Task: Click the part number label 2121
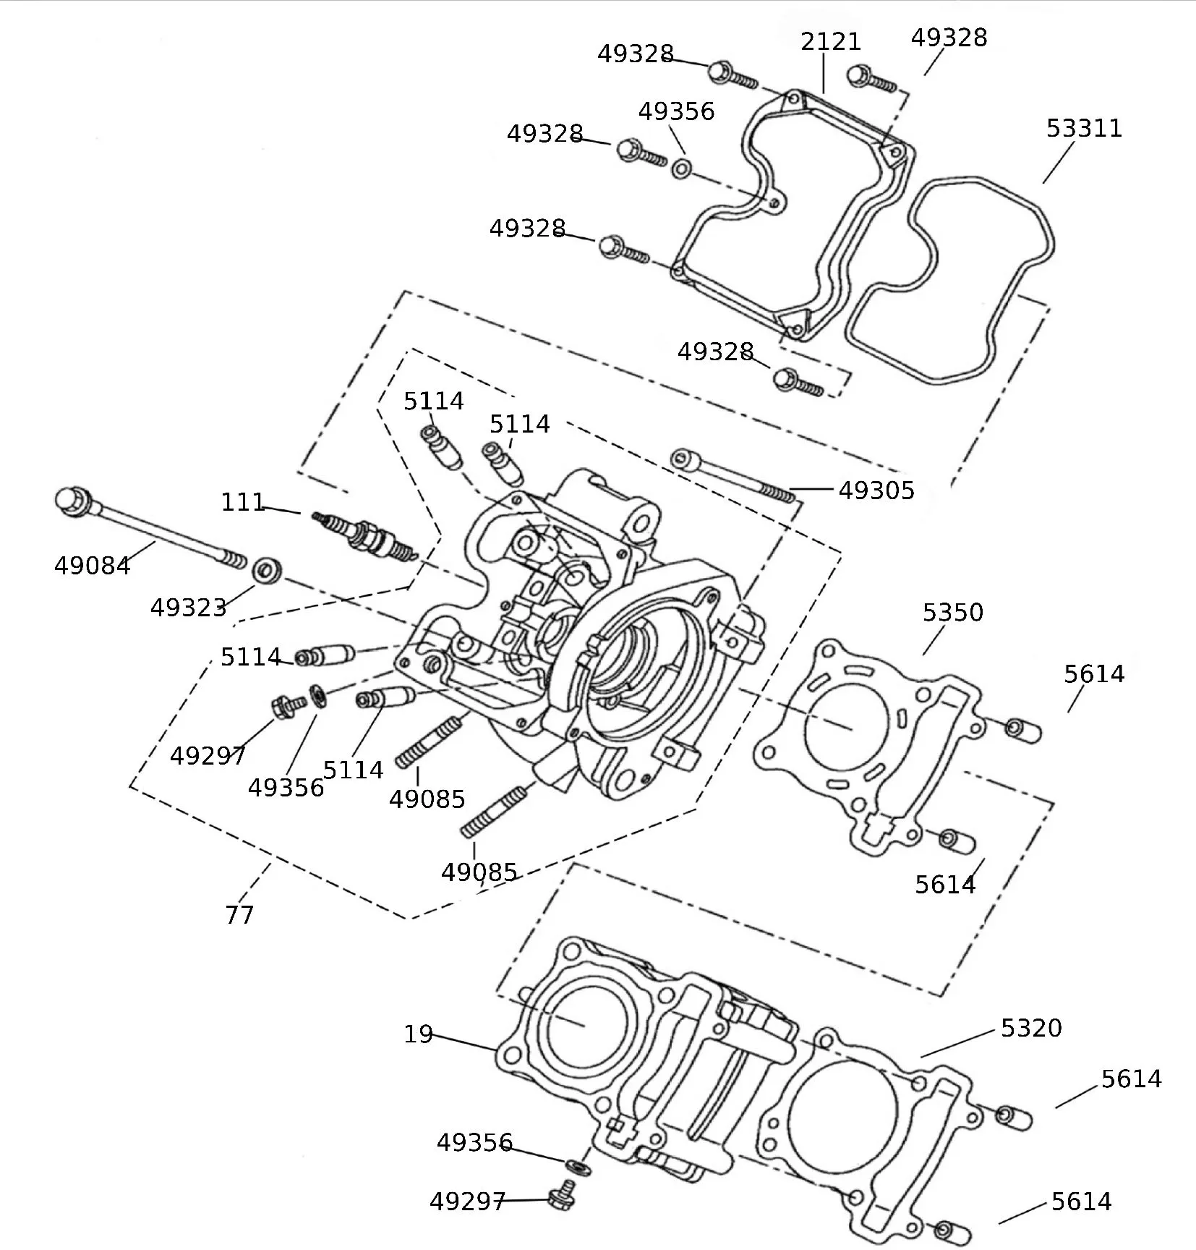click(x=830, y=42)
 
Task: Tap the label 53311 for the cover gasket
click(x=1083, y=129)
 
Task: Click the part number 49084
click(x=93, y=566)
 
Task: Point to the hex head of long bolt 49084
click(x=70, y=501)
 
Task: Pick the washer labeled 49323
click(x=267, y=569)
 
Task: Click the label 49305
click(x=876, y=490)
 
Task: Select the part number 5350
click(x=952, y=613)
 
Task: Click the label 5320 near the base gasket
click(x=1030, y=1028)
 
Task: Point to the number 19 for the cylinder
click(x=418, y=1034)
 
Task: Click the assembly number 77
click(x=239, y=915)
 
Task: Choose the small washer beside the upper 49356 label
click(x=681, y=170)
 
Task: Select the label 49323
click(x=188, y=608)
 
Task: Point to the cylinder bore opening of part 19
click(x=586, y=1024)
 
